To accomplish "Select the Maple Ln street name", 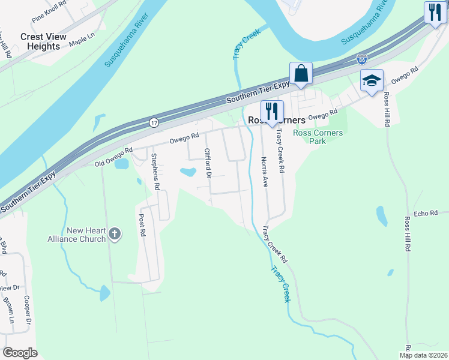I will [82, 40].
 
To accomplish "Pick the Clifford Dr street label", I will [208, 163].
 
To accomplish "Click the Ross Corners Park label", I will [318, 137].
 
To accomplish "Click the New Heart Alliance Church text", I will [77, 235].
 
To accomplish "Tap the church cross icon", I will [116, 234].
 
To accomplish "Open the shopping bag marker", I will [301, 74].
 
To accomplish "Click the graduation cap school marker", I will [372, 80].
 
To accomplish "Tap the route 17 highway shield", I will [154, 122].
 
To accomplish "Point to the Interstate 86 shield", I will [361, 59].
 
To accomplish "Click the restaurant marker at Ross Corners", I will [271, 112].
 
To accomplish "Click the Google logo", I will [20, 353].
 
